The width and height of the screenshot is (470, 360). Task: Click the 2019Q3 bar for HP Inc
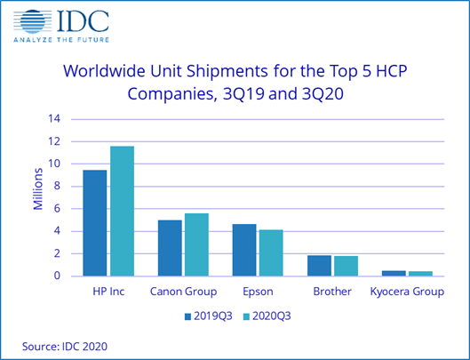click(94, 222)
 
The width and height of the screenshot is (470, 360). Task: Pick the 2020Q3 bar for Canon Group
click(196, 244)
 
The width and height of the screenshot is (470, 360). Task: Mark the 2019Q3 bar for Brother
click(320, 265)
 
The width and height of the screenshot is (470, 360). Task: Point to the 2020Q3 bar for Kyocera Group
click(420, 273)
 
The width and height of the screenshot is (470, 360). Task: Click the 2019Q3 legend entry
click(211, 315)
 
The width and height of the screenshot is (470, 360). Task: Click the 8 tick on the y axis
click(55, 186)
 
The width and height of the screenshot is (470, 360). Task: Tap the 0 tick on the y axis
click(55, 276)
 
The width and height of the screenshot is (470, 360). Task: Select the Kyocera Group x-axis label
click(408, 291)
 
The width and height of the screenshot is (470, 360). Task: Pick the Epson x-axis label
click(258, 291)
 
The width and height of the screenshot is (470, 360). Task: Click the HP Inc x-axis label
click(108, 291)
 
